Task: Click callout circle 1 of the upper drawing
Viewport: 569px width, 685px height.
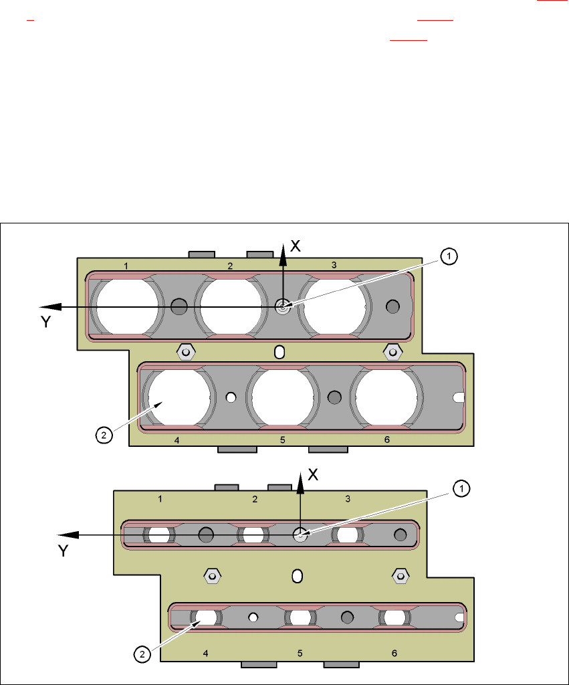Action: point(449,256)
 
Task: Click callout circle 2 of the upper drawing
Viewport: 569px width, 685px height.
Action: point(104,435)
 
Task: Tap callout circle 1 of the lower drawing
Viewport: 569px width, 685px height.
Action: point(461,489)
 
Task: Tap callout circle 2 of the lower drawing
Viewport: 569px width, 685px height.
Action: point(142,654)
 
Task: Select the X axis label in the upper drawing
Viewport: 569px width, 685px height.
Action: point(296,246)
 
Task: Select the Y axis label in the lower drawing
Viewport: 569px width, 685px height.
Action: point(64,551)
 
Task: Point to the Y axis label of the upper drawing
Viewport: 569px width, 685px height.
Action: point(46,322)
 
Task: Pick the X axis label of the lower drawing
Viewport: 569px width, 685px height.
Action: point(313,475)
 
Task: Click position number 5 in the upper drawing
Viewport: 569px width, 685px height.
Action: point(283,440)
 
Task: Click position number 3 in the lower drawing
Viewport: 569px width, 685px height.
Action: point(348,498)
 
